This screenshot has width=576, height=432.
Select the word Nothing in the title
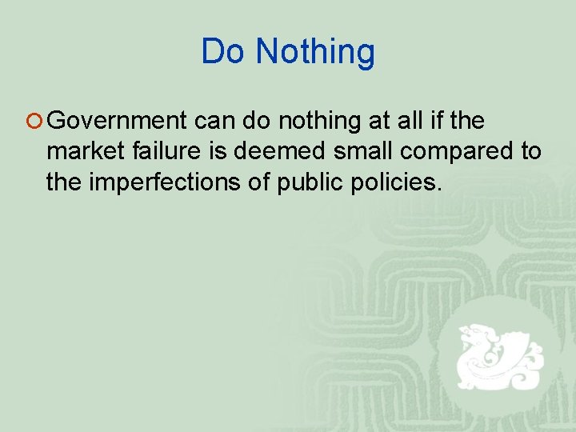pyautogui.click(x=315, y=52)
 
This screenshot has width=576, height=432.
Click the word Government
pyautogui.click(x=117, y=122)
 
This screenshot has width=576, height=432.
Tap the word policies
pyautogui.click(x=398, y=182)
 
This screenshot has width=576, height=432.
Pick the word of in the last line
pyautogui.click(x=260, y=182)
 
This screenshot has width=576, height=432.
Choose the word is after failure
pyautogui.click(x=219, y=151)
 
